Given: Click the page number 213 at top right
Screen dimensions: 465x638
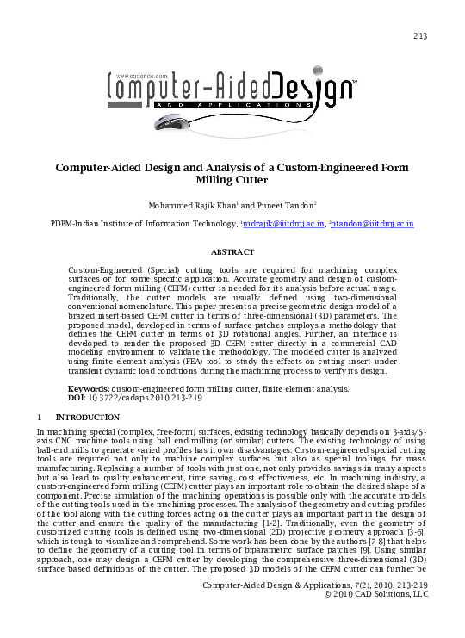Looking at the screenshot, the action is click(420, 35).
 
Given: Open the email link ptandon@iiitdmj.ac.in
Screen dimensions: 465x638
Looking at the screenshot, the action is click(374, 224).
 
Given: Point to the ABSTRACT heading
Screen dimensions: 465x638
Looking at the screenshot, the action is click(232, 252).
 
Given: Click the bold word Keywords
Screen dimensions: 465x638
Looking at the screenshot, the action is click(89, 390).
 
